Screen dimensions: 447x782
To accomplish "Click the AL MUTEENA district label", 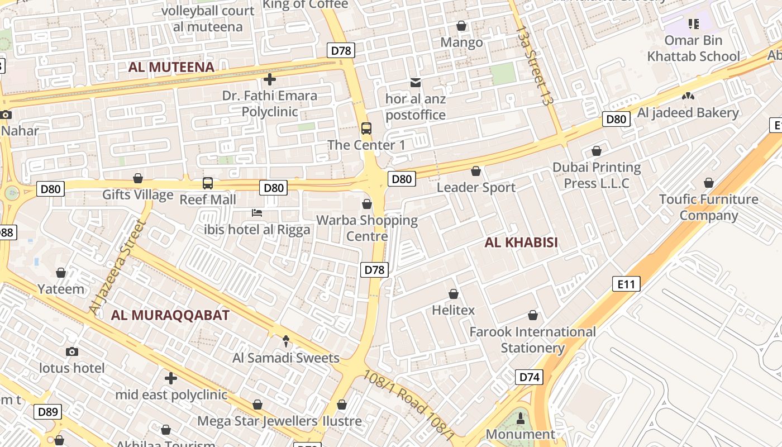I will point(171,68).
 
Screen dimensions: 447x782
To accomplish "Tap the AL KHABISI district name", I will point(521,242).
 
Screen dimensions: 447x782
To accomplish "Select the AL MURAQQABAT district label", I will point(170,315).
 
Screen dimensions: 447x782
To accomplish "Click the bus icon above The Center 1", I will point(366,129).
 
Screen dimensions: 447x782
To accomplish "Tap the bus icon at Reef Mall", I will point(208,183).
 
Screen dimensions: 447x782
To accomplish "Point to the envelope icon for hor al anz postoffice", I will point(416,83).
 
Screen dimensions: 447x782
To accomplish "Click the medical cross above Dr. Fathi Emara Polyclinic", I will point(270,79).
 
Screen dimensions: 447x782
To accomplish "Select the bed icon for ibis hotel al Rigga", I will point(257,213).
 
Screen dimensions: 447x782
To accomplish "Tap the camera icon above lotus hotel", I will point(71,351).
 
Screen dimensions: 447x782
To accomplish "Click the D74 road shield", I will point(529,377).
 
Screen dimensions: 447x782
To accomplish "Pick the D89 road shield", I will point(47,412).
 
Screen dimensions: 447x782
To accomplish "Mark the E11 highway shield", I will point(626,284).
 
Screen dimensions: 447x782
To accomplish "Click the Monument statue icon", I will point(521,419).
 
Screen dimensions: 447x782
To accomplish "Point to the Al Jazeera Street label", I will point(117,267).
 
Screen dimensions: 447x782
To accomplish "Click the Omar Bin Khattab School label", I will point(693,49).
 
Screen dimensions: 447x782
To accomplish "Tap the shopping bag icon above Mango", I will point(461,26).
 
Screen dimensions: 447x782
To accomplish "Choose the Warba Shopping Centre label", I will point(367,228).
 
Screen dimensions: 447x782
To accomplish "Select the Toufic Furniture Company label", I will point(708,207).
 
